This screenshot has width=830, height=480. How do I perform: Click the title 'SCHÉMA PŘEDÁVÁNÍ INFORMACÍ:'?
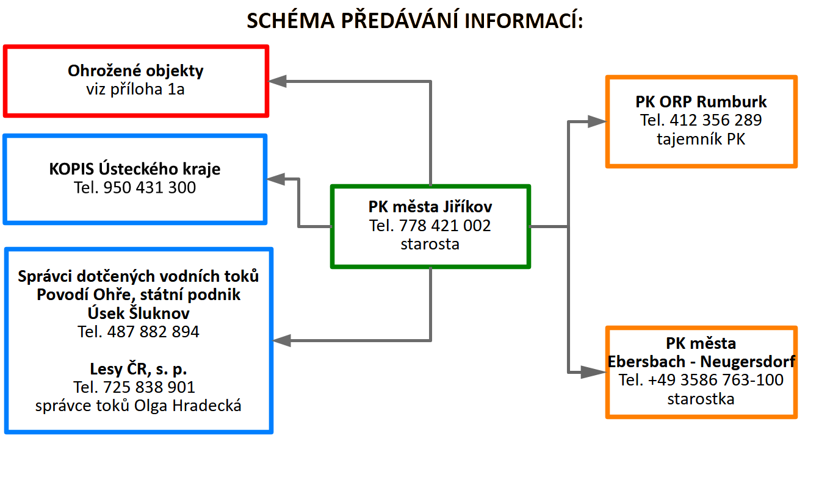(x=414, y=20)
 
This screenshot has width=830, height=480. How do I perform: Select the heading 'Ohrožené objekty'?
(x=135, y=70)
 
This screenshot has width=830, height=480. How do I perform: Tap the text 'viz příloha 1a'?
(x=135, y=89)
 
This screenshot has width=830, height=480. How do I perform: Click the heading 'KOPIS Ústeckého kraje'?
(x=135, y=168)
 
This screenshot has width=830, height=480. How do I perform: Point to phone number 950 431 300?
(x=150, y=187)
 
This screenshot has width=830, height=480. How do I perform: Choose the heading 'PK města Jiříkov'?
(x=430, y=207)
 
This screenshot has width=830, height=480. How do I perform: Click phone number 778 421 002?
(x=445, y=226)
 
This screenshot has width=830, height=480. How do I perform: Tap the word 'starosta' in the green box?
(x=430, y=244)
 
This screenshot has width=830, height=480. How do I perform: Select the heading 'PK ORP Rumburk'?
(x=701, y=101)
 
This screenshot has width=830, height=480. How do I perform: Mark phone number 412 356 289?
(x=715, y=120)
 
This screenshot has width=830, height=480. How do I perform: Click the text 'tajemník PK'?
(x=701, y=139)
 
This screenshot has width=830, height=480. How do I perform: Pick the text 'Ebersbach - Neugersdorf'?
(x=701, y=362)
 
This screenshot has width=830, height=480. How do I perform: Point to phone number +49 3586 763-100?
(x=715, y=380)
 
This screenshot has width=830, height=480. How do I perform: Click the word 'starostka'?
(x=701, y=399)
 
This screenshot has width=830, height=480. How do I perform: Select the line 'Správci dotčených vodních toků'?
(x=138, y=276)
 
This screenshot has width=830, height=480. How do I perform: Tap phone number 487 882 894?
(x=153, y=332)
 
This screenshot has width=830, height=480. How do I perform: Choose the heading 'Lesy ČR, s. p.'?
(x=138, y=369)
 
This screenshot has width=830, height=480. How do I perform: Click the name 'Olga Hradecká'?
(x=187, y=406)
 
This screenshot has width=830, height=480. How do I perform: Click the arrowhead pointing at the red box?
(x=277, y=81)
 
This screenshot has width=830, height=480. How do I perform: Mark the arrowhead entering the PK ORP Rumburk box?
(x=597, y=121)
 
